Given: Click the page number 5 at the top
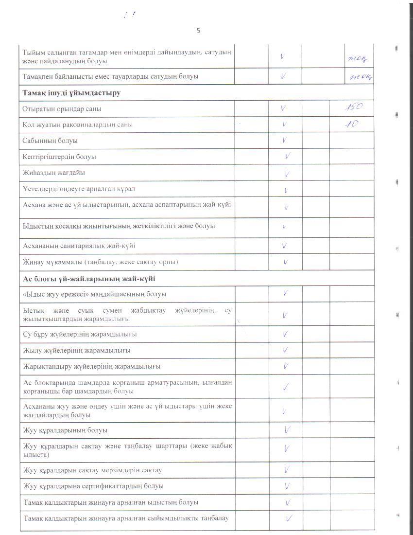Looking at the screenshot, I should [x=198, y=31].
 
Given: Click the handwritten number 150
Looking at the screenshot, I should [x=352, y=107].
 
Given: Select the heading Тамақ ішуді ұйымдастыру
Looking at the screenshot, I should [x=71, y=92].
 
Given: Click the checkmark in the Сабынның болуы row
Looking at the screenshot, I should [x=284, y=141].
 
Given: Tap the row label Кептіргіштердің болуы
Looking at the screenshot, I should [x=59, y=157].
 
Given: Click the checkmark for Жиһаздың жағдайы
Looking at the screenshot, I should [x=287, y=173].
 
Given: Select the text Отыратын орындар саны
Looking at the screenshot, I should [x=62, y=109].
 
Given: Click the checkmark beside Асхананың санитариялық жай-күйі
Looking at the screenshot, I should [x=285, y=246].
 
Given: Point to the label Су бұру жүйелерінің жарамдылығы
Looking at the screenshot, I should [x=80, y=334].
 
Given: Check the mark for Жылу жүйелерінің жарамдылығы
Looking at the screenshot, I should [x=286, y=350].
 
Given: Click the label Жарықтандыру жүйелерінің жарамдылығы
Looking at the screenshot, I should [x=92, y=366].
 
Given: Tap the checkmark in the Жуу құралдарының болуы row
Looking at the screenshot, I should [x=287, y=430].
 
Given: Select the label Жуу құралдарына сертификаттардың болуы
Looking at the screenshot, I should [x=93, y=486].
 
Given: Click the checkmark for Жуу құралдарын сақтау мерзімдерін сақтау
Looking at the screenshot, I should [x=287, y=470].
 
